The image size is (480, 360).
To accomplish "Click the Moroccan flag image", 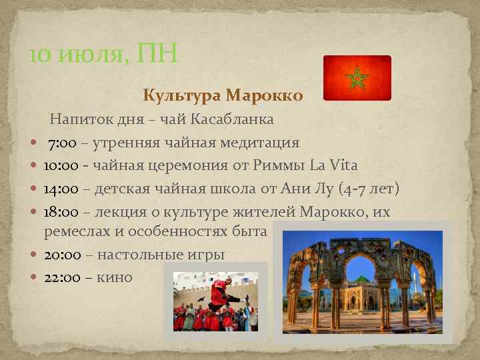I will (357, 78).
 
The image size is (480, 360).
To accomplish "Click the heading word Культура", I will (181, 95).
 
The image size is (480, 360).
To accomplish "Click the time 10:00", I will (61, 165).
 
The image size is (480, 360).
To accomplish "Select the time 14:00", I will (61, 189).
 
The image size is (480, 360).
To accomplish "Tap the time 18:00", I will (61, 211).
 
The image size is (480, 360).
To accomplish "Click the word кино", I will (114, 277).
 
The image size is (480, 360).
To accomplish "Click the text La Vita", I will (334, 165).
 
